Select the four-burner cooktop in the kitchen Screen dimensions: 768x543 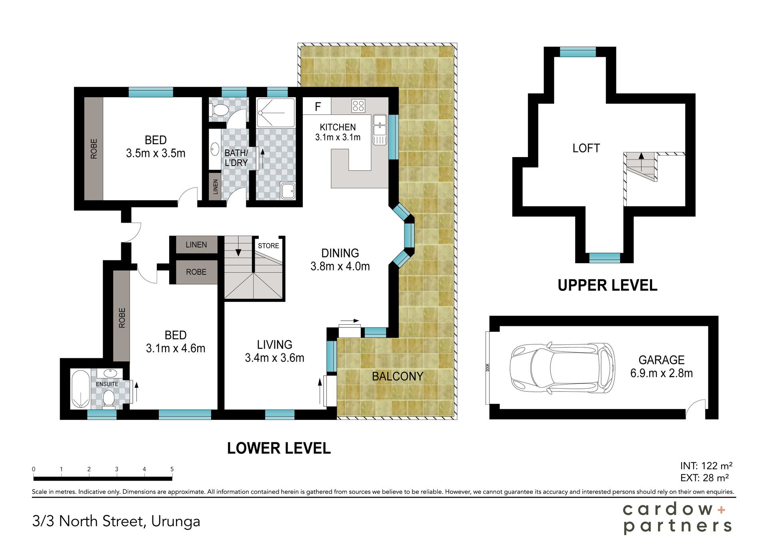358,106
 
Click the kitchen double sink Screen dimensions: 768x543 380,125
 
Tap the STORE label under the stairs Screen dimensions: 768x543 268,246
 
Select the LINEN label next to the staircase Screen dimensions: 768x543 196,245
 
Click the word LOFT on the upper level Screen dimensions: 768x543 586,148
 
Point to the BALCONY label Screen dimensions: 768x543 398,376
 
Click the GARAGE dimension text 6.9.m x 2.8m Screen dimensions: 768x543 661,373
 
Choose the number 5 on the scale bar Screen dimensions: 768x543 172,469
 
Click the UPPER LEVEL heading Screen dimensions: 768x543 607,285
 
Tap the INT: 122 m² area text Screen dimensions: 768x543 706,466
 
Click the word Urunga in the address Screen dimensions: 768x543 176,522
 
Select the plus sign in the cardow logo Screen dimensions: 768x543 721,510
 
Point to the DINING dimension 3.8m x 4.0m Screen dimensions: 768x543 340,266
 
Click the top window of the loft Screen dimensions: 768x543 578,52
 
